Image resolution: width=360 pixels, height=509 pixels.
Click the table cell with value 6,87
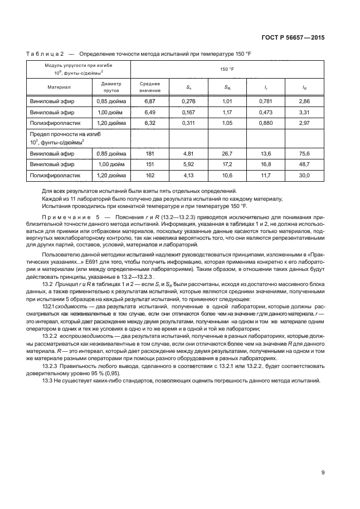[x=149, y=101]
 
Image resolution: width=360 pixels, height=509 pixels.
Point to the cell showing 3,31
[x=304, y=112]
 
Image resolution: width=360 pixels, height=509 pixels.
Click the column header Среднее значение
[x=149, y=86]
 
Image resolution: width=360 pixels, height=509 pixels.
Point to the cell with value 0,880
[x=266, y=122]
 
